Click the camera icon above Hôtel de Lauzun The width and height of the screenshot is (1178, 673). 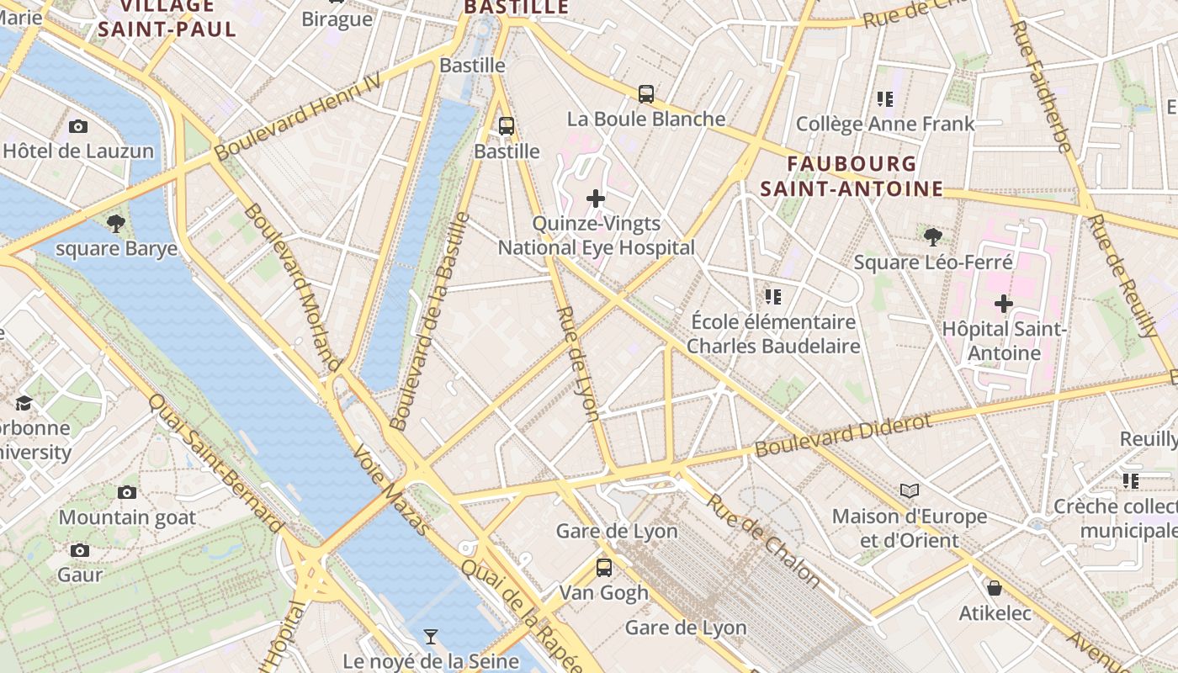tap(78, 127)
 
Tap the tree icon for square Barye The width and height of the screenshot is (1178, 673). tap(116, 224)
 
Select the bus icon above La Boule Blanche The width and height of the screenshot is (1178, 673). tap(646, 94)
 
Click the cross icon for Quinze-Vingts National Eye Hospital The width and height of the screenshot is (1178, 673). tap(596, 199)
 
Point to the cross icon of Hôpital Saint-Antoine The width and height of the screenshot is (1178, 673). tap(1004, 304)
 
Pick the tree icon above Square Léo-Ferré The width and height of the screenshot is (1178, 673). tap(932, 237)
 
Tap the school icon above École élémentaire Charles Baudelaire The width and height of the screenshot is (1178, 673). tap(773, 296)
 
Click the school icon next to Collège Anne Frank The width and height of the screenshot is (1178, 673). tap(884, 99)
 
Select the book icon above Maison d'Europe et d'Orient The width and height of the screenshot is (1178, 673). tap(909, 490)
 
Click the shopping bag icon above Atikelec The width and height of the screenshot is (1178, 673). tap(995, 588)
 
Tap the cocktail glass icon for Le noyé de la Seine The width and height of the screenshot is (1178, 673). tap(431, 636)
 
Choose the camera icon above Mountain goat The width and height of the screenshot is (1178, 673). tap(127, 492)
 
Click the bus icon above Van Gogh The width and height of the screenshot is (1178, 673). tap(604, 567)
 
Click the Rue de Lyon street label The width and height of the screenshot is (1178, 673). tap(579, 363)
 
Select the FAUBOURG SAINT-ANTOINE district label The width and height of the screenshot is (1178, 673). tap(852, 176)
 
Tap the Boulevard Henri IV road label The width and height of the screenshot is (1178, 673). tap(298, 116)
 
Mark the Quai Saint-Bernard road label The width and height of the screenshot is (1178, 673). tap(216, 463)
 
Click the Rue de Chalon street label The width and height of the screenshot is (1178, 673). tap(763, 540)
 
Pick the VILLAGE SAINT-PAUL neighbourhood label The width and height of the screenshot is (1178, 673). tap(167, 18)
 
